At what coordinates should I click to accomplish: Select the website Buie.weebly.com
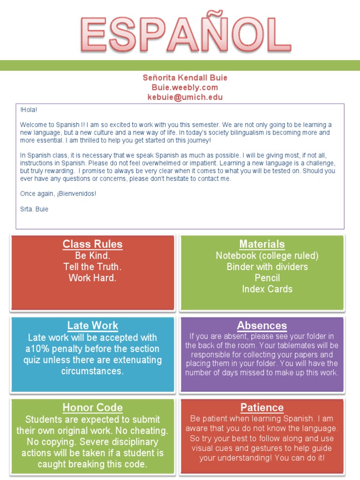185,88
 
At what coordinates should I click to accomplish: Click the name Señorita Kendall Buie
185,78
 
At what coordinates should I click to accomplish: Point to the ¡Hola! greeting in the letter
28,110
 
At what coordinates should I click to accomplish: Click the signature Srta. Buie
34,209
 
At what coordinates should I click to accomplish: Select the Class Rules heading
92,244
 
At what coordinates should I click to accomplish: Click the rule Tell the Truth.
92,267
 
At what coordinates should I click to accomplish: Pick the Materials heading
262,244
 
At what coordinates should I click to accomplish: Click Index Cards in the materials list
267,289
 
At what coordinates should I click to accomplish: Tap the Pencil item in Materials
267,278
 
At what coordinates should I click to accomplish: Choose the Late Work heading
92,326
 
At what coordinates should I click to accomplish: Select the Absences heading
262,326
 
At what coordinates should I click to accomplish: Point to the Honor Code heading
92,408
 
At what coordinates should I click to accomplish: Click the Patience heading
262,408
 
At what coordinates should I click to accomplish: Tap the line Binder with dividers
267,267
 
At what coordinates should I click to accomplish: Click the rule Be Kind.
92,256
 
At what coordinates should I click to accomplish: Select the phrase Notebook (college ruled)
267,256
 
